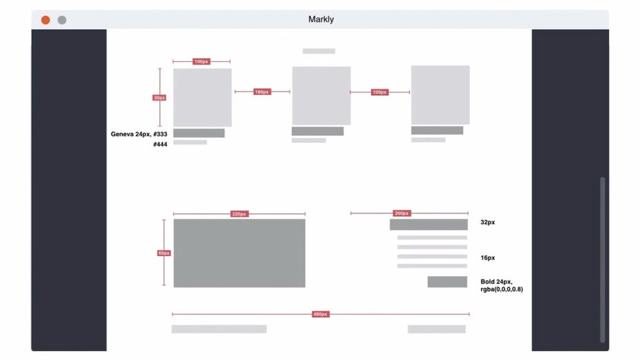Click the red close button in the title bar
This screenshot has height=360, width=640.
coord(45,20)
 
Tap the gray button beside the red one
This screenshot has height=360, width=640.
coord(62,20)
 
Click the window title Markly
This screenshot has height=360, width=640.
coord(321,19)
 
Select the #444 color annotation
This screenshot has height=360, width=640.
coord(161,145)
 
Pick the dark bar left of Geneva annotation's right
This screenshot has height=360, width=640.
coord(199,133)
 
